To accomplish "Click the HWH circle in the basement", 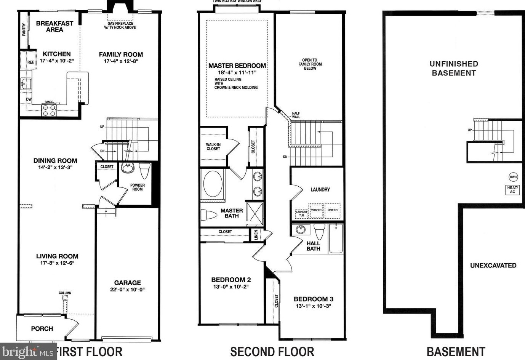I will click(x=513, y=177).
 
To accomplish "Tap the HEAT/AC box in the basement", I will click(x=512, y=189).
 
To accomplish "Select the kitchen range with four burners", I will click(x=49, y=110).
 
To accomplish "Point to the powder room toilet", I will click(x=144, y=171).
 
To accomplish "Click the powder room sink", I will click(x=127, y=168).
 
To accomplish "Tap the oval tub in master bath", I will click(x=213, y=184).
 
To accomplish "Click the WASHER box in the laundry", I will click(x=316, y=210).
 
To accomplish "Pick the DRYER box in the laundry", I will click(x=332, y=210).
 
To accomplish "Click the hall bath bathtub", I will click(x=336, y=238).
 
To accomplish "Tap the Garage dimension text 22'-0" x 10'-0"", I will click(x=127, y=290).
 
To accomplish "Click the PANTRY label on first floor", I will click(x=24, y=29).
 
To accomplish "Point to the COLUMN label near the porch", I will click(x=65, y=293).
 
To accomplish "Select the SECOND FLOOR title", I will click(x=272, y=352).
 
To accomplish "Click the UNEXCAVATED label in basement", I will click(x=493, y=266).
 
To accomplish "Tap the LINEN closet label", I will click(x=256, y=235).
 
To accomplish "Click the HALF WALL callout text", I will click(x=296, y=115).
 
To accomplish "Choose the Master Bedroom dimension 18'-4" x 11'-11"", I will click(x=237, y=73).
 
